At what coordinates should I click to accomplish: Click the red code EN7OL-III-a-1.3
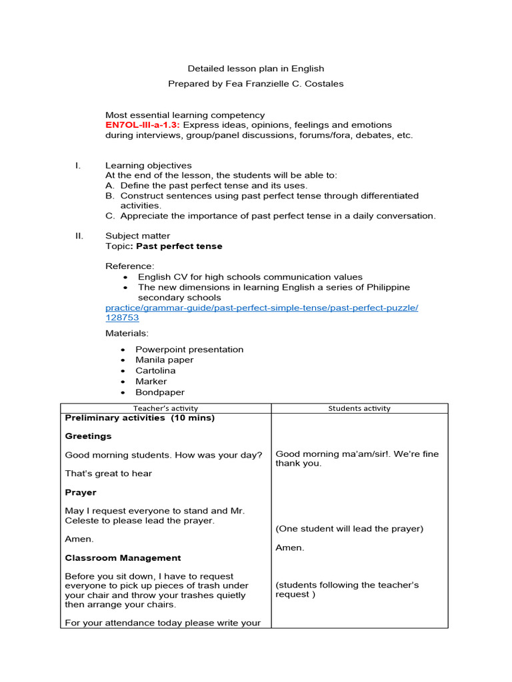(x=143, y=125)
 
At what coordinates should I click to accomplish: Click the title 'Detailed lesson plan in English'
(x=256, y=69)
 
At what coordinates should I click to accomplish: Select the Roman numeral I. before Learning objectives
(x=78, y=166)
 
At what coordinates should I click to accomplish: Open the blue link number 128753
(x=122, y=318)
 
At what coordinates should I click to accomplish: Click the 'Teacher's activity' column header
(x=165, y=408)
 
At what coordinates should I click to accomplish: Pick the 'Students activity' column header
(x=359, y=408)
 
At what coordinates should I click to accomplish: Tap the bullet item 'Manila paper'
(x=164, y=360)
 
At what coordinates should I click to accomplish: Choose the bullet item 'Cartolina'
(x=155, y=371)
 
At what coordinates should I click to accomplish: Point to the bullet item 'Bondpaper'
(x=160, y=393)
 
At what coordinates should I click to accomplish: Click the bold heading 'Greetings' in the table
(x=88, y=436)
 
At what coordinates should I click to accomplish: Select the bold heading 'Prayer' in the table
(x=81, y=493)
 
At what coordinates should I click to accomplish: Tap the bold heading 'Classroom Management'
(x=123, y=558)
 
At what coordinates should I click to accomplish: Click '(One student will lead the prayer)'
(x=349, y=529)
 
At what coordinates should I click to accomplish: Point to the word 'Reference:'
(x=129, y=266)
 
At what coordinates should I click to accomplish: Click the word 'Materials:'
(x=127, y=333)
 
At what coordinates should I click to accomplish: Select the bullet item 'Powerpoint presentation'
(x=189, y=350)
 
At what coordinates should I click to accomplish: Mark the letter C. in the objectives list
(x=110, y=216)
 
